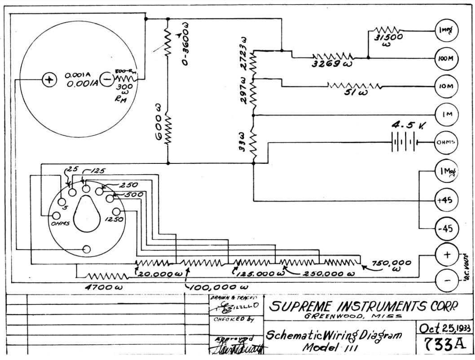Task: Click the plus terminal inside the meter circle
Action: coord(48,80)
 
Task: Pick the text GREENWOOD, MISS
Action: coord(347,316)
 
